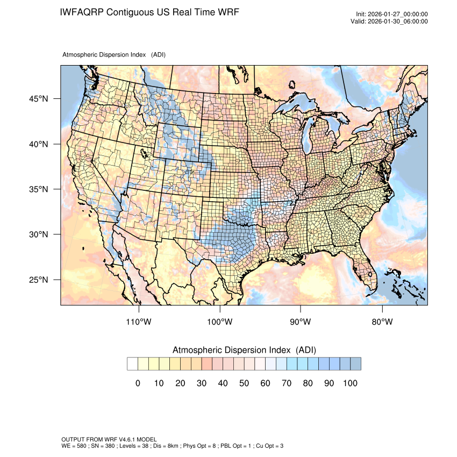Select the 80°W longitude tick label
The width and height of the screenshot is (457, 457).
(x=382, y=322)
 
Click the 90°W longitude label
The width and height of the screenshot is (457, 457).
(x=301, y=322)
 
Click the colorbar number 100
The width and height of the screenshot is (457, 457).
(x=350, y=383)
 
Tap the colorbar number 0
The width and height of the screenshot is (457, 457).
(x=138, y=383)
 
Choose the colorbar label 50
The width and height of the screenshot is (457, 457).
(x=244, y=383)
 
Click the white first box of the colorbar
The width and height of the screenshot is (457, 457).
(x=132, y=364)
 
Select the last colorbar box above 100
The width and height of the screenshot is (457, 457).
(x=355, y=364)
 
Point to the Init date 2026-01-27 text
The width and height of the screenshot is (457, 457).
(x=397, y=14)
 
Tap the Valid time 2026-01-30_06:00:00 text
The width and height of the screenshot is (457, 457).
(x=397, y=22)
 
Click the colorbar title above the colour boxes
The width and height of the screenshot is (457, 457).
(x=244, y=350)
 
